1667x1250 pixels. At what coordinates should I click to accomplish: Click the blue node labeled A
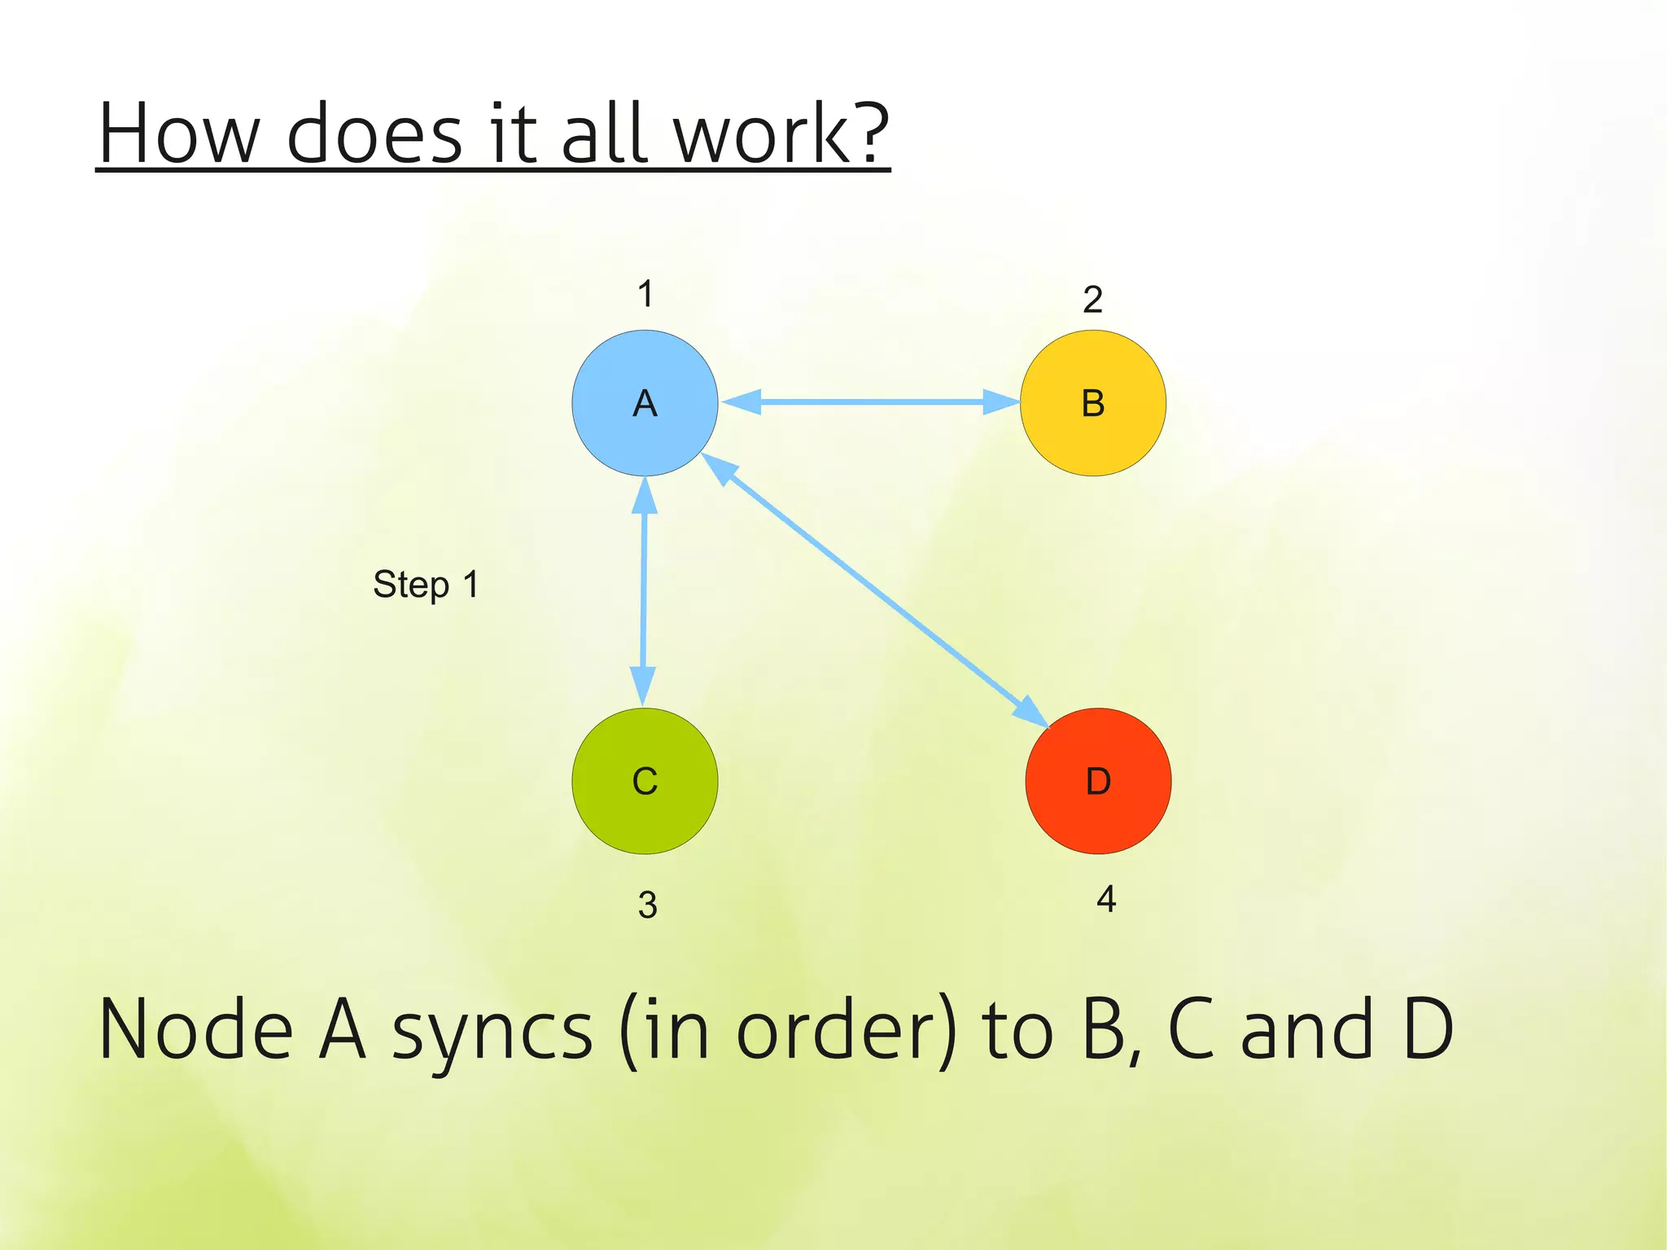pos(645,403)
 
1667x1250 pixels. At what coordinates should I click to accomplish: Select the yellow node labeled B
pos(1092,403)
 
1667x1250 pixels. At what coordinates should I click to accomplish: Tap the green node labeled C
pos(645,781)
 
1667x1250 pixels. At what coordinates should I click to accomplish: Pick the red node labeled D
pos(1098,781)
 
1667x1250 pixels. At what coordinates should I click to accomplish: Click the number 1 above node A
pos(645,294)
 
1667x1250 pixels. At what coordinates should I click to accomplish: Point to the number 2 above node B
pos(1092,300)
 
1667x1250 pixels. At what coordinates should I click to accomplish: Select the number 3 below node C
pos(647,905)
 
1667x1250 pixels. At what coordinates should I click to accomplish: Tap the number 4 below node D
pos(1105,899)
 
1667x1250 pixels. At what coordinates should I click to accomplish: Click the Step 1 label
pos(426,585)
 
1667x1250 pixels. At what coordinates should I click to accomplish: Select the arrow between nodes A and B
pos(871,401)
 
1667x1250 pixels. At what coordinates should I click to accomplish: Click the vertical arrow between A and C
pos(644,590)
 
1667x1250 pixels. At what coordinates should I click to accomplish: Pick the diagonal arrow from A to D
pos(875,590)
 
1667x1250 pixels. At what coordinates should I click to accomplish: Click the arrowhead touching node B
pos(1001,401)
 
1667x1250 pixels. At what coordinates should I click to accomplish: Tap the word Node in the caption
pos(195,1030)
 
